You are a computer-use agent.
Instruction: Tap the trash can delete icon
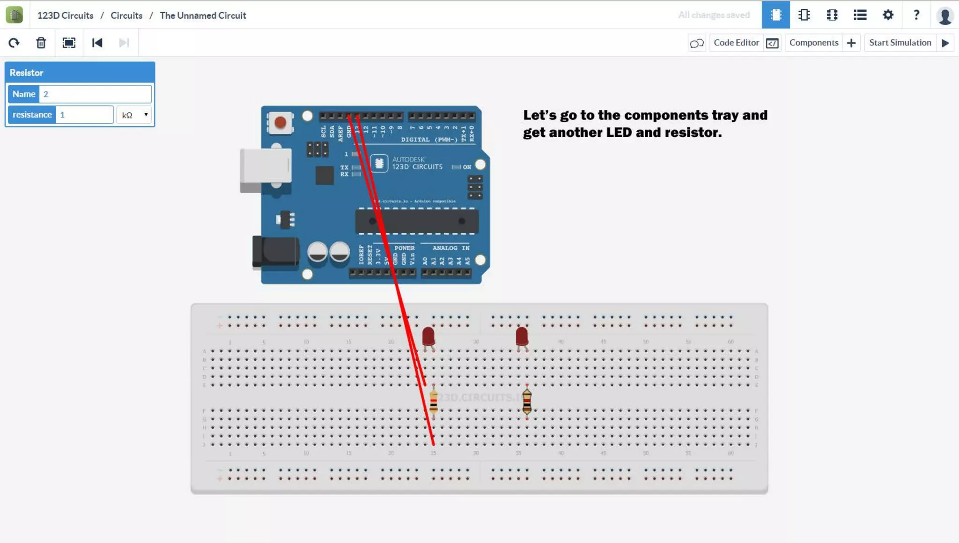coord(41,43)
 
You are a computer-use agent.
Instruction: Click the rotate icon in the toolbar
coord(14,43)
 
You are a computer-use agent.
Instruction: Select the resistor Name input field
coord(95,94)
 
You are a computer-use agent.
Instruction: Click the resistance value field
coord(84,115)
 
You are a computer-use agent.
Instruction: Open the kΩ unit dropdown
coord(134,115)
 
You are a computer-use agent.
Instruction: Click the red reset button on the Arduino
coord(280,123)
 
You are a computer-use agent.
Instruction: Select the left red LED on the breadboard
coord(428,336)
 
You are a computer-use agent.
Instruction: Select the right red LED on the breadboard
coord(522,336)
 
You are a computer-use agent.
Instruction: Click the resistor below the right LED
coord(527,402)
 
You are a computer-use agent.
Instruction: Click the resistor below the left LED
coord(434,402)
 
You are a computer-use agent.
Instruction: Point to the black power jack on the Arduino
coord(275,252)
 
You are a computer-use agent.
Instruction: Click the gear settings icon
coord(888,15)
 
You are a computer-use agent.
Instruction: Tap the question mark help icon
coord(916,15)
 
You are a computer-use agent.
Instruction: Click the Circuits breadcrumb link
coord(126,15)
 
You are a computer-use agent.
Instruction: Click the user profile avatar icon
coord(945,15)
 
